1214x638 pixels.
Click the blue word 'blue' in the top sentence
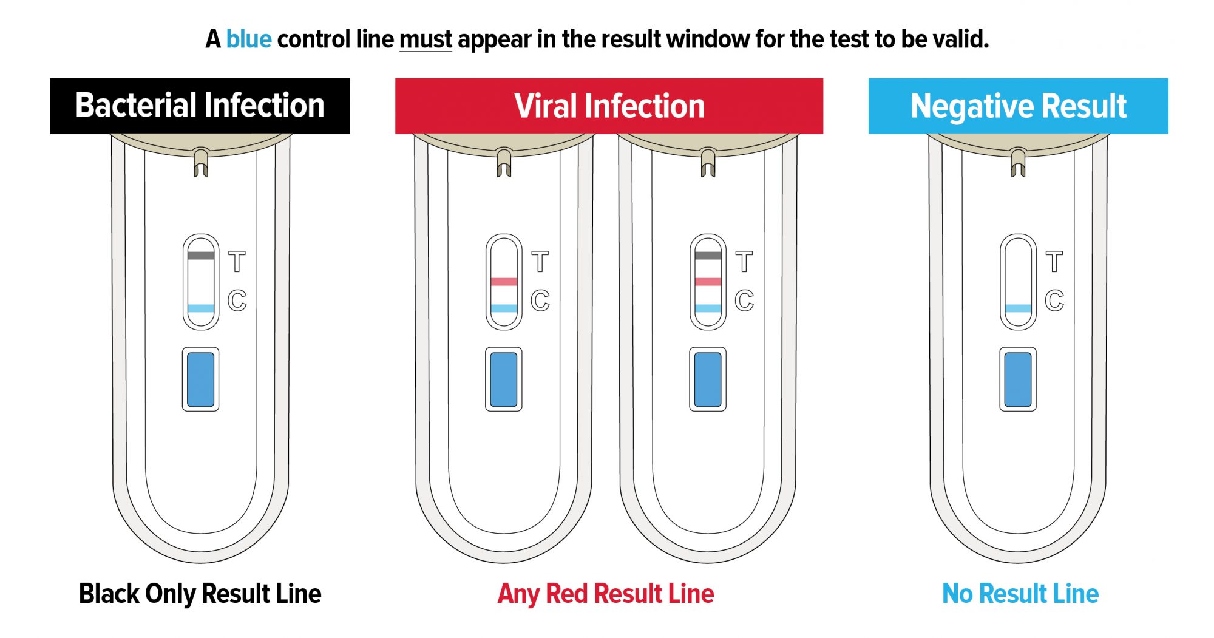point(249,39)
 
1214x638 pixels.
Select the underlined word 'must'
point(426,40)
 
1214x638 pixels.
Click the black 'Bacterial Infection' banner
point(200,106)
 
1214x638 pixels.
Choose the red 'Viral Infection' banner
point(609,106)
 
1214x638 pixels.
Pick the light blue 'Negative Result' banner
point(1018,106)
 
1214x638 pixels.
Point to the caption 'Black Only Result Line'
point(200,594)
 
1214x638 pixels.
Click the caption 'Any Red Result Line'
point(606,594)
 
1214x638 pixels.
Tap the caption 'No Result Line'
point(1020,594)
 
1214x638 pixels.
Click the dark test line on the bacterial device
point(201,256)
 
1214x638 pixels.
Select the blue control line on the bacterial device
point(201,308)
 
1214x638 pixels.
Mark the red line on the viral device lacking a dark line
point(504,282)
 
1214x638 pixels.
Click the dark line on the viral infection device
point(708,256)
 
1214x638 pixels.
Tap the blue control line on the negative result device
point(1018,308)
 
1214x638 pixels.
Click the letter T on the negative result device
point(1054,262)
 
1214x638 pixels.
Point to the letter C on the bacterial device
point(237,300)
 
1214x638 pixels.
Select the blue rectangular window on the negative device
point(1018,379)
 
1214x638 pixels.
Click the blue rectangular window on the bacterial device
point(201,379)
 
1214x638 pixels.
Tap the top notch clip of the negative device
point(1018,162)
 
